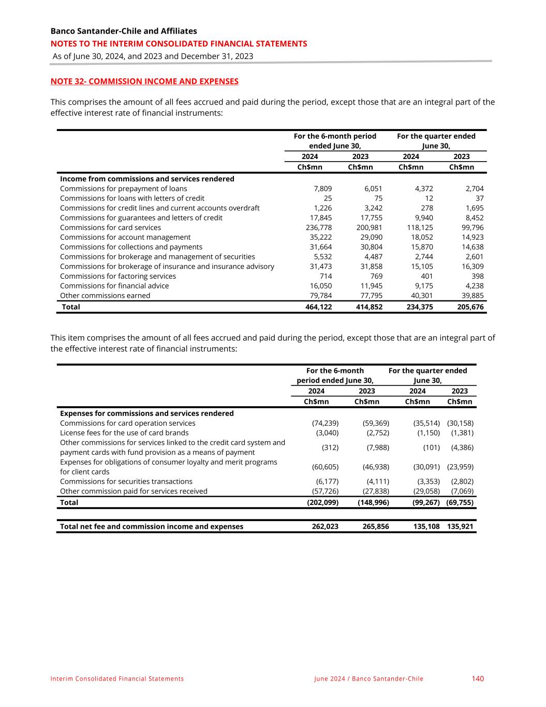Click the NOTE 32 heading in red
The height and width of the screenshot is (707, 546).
(144, 81)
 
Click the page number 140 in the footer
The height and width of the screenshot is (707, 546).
(478, 679)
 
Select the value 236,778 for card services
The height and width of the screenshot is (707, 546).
(319, 227)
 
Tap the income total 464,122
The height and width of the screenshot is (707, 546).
(319, 307)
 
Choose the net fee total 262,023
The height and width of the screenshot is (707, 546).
(325, 526)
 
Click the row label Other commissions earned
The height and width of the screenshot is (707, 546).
(105, 296)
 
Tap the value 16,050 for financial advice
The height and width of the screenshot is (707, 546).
(321, 286)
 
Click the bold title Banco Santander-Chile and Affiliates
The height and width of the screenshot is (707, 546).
(124, 31)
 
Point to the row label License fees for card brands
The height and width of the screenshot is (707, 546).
(124, 433)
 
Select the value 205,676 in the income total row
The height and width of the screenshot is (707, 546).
(470, 307)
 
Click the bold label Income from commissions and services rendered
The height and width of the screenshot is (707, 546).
(147, 179)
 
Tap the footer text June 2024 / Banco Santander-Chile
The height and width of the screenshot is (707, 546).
(368, 679)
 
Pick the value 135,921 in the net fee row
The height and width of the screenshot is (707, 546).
(460, 526)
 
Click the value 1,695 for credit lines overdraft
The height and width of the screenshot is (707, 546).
(474, 208)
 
